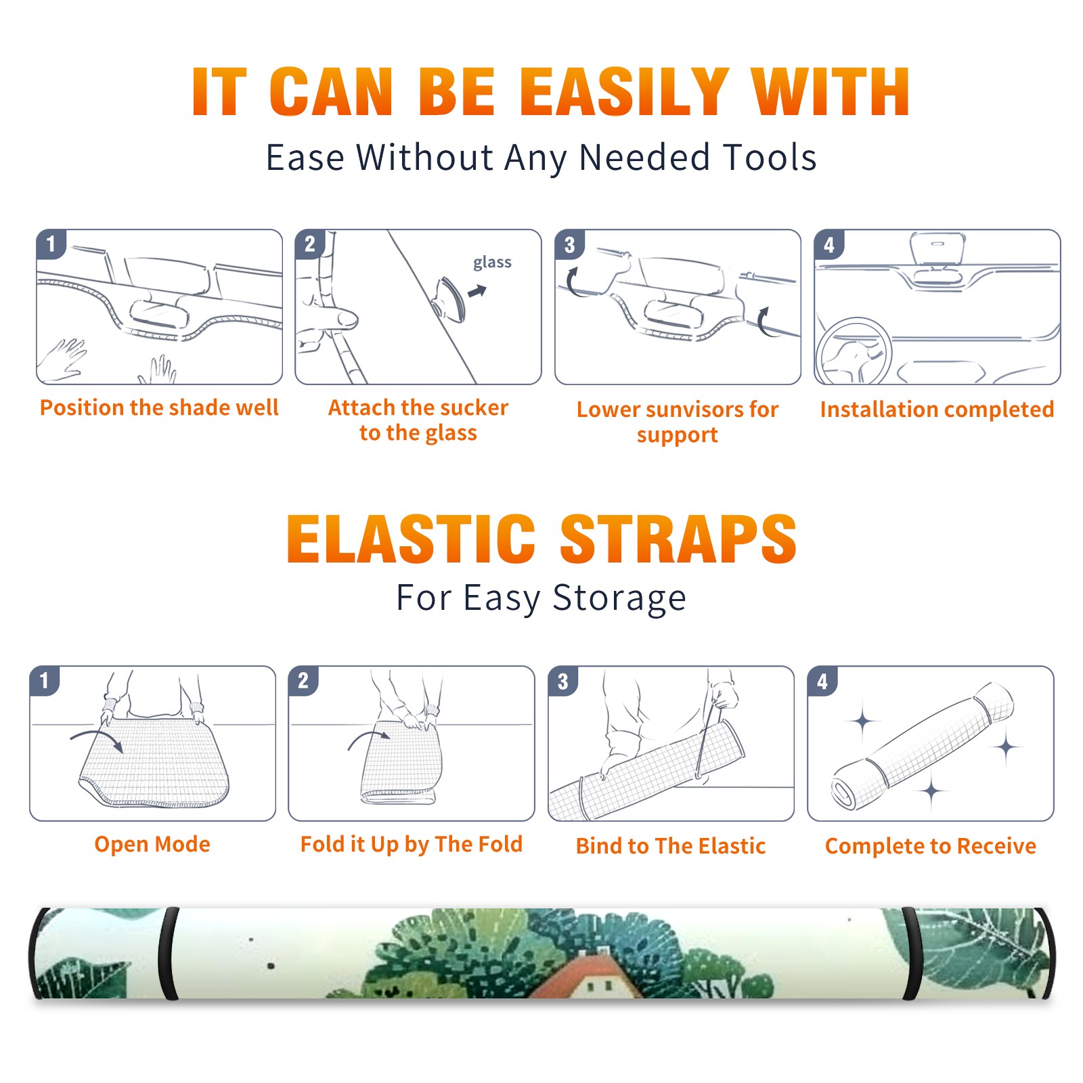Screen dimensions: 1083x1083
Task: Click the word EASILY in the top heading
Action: [623, 92]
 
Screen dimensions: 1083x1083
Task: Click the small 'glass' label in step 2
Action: [492, 262]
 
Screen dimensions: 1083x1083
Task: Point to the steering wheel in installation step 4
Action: [854, 351]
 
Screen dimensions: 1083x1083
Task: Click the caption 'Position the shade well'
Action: [159, 407]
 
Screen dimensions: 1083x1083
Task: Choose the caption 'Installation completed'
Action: [937, 409]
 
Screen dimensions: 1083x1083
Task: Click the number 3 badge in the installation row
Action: [569, 244]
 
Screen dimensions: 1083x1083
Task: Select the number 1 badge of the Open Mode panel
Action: [45, 680]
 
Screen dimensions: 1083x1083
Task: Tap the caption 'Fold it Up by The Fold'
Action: [412, 844]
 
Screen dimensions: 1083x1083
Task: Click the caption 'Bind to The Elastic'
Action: [671, 846]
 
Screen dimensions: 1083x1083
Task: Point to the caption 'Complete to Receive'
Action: [931, 846]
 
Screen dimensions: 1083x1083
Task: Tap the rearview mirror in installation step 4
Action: [937, 248]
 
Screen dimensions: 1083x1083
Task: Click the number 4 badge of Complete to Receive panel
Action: [822, 680]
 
